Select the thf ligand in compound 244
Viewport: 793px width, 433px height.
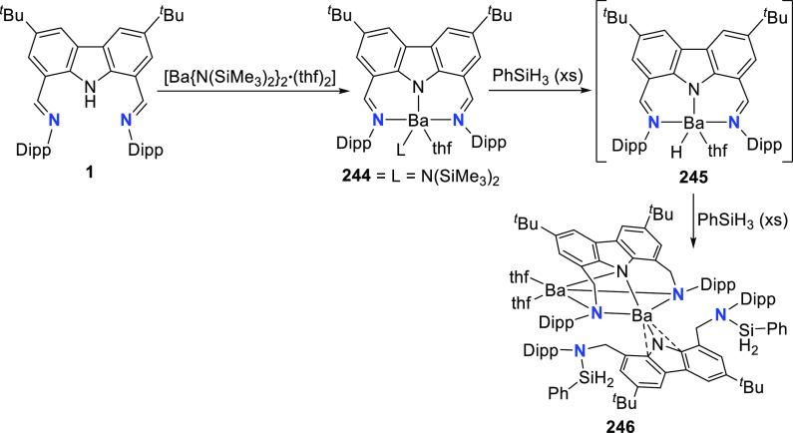(440, 182)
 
